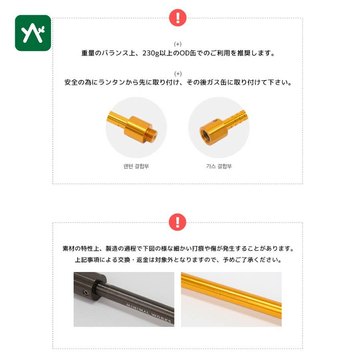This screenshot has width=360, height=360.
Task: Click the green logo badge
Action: tap(33, 33)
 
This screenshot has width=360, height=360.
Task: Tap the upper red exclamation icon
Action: tap(178, 18)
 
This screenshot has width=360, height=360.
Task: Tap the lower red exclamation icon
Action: tap(178, 222)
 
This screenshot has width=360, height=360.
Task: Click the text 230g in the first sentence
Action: tap(151, 53)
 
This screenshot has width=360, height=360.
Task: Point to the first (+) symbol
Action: tap(178, 44)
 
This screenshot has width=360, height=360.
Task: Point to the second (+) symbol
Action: tap(178, 74)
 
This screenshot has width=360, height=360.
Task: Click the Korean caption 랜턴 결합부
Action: tap(136, 166)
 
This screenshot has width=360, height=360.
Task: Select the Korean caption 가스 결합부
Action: tap(219, 166)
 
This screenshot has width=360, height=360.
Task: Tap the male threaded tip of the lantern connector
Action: tap(154, 135)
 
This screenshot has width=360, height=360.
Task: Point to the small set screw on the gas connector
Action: tap(215, 120)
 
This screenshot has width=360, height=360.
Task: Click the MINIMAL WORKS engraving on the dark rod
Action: tap(148, 313)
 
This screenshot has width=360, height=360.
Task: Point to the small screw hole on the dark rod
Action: tap(86, 292)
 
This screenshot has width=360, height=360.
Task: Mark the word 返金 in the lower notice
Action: tap(142, 260)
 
